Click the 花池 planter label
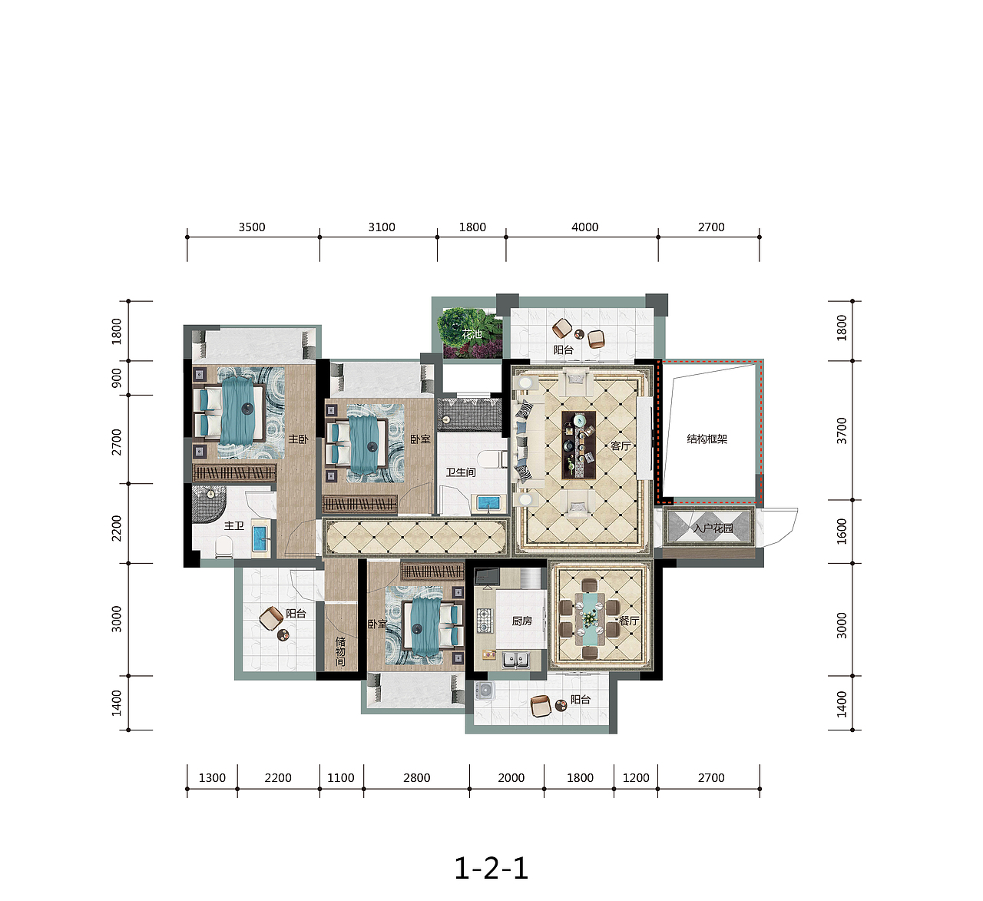472,334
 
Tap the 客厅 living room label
621,446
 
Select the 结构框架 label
707,439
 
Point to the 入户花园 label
713,528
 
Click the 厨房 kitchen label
522,621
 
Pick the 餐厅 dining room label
629,621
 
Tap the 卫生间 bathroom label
461,472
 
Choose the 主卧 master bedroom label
298,439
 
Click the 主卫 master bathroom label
233,526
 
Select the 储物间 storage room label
340,651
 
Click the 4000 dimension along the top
584,227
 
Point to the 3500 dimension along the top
252,227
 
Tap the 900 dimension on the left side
117,377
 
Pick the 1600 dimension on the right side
842,531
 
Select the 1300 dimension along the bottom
212,778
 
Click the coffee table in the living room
579,445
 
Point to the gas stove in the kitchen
484,621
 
